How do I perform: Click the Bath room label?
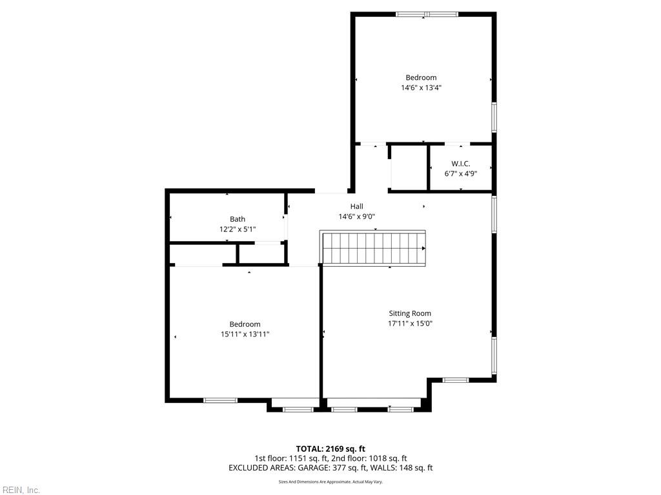238,219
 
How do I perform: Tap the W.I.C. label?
460,164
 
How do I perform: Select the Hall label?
356,206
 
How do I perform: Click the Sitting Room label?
410,313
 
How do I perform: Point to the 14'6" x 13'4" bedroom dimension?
421,88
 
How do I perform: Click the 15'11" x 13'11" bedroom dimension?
245,335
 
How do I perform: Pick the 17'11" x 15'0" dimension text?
410,324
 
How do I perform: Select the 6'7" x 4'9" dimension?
461,173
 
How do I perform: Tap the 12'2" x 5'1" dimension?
238,229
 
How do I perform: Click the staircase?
372,248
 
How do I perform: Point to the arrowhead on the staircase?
423,248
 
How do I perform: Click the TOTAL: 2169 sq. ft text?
330,449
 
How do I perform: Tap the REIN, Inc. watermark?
20,490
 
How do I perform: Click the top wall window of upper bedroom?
427,14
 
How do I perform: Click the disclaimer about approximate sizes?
330,482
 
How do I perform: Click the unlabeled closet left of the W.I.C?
409,168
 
